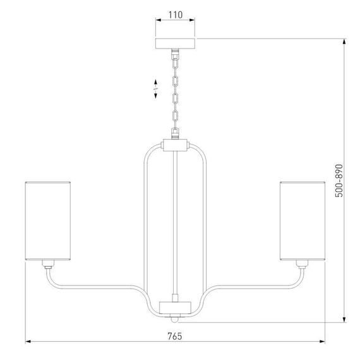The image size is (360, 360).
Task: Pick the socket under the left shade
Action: (x=48, y=264)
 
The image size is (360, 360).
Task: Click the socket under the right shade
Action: (x=303, y=264)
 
